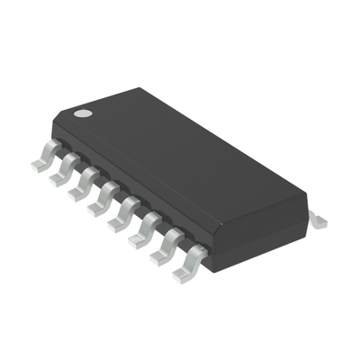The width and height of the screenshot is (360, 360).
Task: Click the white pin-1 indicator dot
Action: pos(82,114)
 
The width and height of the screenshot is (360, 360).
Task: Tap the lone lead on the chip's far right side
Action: pos(317,219)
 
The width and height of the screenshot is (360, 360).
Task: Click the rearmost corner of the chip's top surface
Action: pos(137,88)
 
